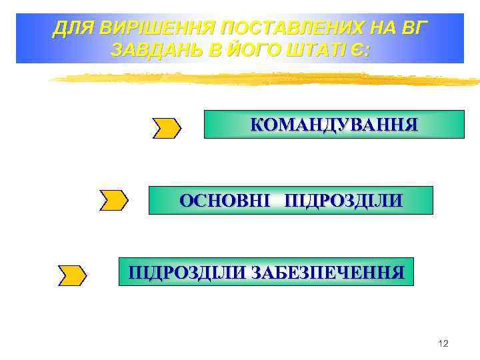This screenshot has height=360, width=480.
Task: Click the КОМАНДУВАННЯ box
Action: (x=333, y=125)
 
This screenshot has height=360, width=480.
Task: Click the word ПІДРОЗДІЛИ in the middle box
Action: (x=343, y=201)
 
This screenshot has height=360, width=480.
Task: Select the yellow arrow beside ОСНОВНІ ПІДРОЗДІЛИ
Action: (x=114, y=200)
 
